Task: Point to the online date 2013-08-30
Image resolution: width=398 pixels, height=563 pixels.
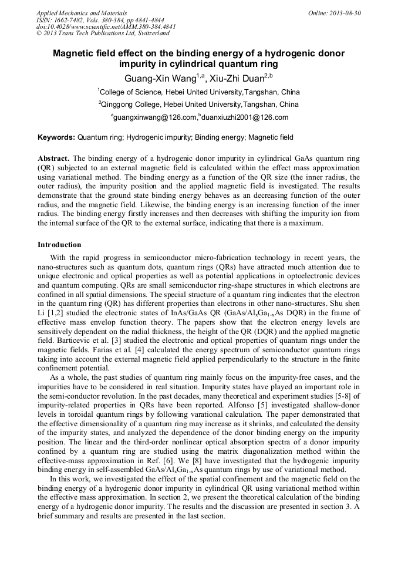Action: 347,13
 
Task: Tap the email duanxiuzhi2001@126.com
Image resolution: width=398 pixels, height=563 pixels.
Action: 244,117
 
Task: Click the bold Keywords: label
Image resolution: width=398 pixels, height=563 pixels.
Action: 56,137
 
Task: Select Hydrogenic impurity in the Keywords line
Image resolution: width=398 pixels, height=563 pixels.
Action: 157,137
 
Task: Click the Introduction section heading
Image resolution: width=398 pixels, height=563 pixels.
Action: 59,244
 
